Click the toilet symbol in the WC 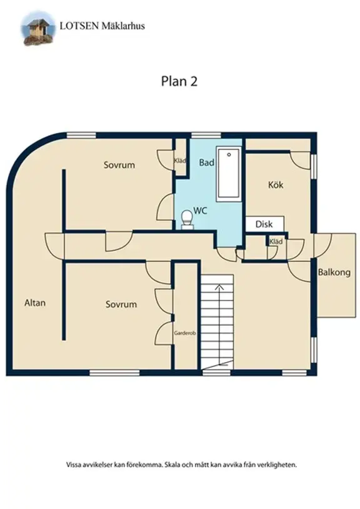point(186,219)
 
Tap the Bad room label point(207,163)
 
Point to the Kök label point(276,185)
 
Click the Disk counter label point(264,224)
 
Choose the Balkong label point(334,273)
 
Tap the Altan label point(35,303)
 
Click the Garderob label point(185,333)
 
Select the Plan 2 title point(179,81)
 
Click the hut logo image point(37,29)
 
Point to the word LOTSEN point(79,26)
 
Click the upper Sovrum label point(119,165)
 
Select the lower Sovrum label point(121,305)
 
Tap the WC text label point(200,211)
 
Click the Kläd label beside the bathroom point(180,161)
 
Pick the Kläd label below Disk point(276,241)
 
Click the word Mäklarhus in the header point(123,26)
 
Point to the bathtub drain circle point(229,154)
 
